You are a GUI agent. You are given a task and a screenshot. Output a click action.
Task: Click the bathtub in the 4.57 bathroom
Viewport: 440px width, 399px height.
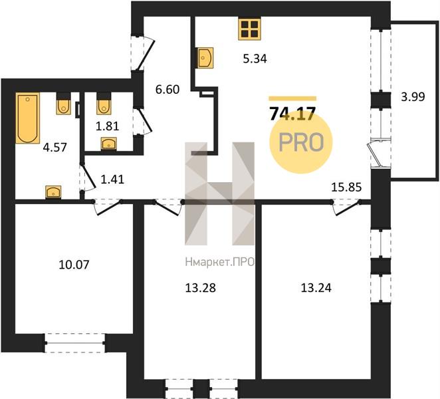click(x=27, y=118)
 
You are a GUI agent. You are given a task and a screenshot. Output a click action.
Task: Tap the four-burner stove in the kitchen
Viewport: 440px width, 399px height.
click(x=249, y=29)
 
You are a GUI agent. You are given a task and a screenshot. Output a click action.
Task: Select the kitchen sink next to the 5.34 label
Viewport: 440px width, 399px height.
click(x=205, y=58)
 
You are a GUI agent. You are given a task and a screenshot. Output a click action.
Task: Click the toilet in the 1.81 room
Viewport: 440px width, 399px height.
click(x=104, y=104)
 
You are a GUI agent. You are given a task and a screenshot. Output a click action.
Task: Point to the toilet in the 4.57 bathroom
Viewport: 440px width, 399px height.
click(x=64, y=104)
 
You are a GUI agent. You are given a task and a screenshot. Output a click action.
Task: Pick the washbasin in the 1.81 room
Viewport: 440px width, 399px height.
click(x=108, y=144)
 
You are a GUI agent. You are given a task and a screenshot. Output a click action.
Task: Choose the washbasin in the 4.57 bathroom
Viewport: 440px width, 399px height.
click(x=53, y=192)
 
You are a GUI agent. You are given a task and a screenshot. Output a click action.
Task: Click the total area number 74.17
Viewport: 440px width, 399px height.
click(x=292, y=114)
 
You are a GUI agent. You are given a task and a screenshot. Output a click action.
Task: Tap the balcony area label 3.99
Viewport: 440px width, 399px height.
click(x=413, y=97)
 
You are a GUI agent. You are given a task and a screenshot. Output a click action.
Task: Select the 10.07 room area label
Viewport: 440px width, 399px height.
click(x=74, y=265)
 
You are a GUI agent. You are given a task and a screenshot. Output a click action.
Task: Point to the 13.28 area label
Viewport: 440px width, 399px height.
click(x=201, y=288)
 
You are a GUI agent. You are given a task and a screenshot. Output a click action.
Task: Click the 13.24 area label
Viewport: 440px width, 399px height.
click(x=316, y=288)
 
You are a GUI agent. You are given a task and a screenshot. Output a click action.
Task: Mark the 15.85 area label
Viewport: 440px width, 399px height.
click(x=346, y=188)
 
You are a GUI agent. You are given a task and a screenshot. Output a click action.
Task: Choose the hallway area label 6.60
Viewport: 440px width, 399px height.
click(x=167, y=90)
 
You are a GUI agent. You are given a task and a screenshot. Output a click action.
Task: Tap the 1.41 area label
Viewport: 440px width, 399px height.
click(x=112, y=180)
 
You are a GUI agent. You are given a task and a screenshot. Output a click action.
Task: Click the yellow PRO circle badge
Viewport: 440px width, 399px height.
click(x=301, y=142)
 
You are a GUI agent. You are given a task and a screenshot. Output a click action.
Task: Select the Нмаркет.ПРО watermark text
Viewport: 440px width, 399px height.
click(x=220, y=262)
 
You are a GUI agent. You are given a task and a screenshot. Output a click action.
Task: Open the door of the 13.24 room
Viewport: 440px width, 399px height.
click(x=346, y=208)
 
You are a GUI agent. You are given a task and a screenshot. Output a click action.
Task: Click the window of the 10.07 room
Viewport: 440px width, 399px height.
click(x=74, y=343)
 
